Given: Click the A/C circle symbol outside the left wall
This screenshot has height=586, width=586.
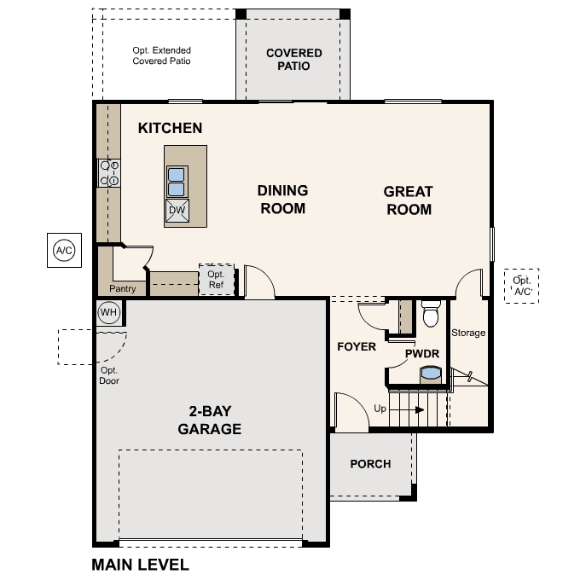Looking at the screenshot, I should pyautogui.click(x=64, y=250).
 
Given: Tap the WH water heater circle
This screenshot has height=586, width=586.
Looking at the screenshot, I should pyautogui.click(x=108, y=312).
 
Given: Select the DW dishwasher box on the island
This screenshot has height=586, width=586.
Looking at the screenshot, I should pyautogui.click(x=177, y=211).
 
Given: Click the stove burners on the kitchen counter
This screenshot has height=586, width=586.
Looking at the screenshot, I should pyautogui.click(x=109, y=173).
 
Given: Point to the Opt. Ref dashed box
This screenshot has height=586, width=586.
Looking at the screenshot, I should pyautogui.click(x=216, y=280).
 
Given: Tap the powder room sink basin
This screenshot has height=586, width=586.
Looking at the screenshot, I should pyautogui.click(x=432, y=373).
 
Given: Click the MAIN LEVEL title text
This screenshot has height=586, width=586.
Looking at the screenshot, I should pyautogui.click(x=140, y=565).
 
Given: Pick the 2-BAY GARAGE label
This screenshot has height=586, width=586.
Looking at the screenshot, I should pyautogui.click(x=209, y=421).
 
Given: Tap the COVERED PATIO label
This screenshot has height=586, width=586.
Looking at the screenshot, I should pyautogui.click(x=293, y=59).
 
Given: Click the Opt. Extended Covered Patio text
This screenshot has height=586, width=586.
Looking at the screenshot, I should pyautogui.click(x=161, y=56).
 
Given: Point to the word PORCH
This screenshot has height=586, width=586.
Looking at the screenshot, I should pyautogui.click(x=370, y=464).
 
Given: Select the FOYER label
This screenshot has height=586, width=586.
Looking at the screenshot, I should pyautogui.click(x=357, y=346).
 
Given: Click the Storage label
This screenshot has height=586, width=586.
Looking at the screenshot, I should pyautogui.click(x=468, y=333).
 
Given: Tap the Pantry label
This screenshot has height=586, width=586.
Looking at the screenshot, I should pyautogui.click(x=122, y=289).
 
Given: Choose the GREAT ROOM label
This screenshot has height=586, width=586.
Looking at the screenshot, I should pyautogui.click(x=408, y=200).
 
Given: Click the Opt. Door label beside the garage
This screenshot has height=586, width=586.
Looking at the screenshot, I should pyautogui.click(x=109, y=375).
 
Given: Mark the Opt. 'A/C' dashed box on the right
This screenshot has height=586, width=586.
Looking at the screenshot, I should pyautogui.click(x=521, y=286).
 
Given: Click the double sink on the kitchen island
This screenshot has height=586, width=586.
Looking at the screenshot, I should pyautogui.click(x=177, y=182).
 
